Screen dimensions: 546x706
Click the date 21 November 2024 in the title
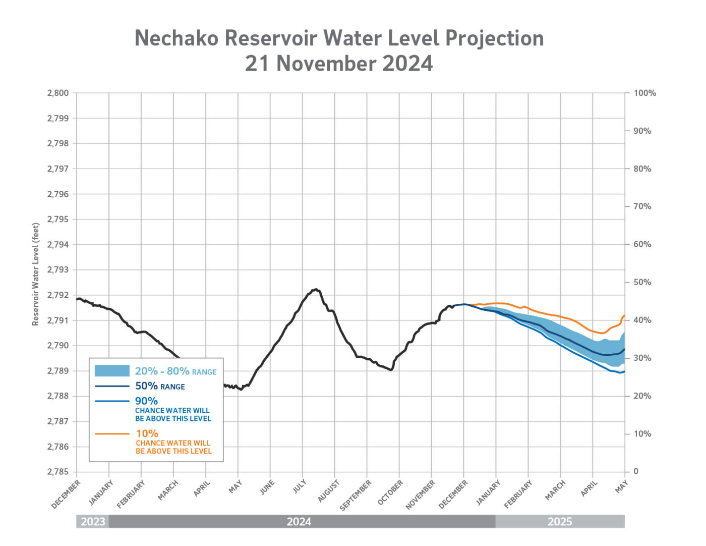point(339,64)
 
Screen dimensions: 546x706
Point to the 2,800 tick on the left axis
point(58,93)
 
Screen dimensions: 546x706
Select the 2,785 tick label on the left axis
point(58,472)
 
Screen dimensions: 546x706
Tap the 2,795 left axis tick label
point(58,220)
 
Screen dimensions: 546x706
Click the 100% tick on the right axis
point(644,93)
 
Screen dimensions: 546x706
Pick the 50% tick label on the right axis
point(642,282)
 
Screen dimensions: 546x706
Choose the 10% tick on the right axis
point(642,433)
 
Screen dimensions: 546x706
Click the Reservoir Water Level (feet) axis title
point(36,274)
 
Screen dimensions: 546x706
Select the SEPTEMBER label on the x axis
point(356,495)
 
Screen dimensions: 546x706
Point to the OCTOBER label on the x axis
point(390,493)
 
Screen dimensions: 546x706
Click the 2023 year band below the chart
point(93,521)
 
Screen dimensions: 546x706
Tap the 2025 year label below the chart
point(560,521)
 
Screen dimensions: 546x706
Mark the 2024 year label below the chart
point(299,521)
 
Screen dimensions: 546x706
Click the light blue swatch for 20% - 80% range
point(112,371)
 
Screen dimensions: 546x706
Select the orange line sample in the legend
point(112,433)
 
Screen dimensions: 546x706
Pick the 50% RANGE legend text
point(160,386)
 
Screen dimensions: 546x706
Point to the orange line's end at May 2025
point(624,316)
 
